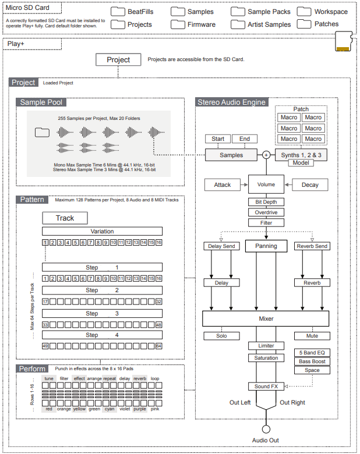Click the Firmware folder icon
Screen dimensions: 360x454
[178, 24]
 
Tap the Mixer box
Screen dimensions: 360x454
[266, 318]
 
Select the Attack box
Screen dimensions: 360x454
[223, 185]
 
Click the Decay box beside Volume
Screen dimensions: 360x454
[310, 185]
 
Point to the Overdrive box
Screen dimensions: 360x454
[266, 212]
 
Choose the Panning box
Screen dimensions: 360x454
[266, 246]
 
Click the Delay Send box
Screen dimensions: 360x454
[221, 246]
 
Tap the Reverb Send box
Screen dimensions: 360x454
[312, 246]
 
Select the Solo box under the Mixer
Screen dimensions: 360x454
[221, 336]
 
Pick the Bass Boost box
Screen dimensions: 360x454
[312, 361]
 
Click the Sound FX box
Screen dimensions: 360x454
[266, 386]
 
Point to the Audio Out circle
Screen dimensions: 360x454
[266, 429]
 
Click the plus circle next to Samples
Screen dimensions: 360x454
[266, 155]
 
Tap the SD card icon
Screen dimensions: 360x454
[344, 42]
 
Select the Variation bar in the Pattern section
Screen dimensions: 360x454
[102, 231]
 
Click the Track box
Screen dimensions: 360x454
[65, 218]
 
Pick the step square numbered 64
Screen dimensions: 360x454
[159, 346]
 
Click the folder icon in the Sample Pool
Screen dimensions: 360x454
[42, 132]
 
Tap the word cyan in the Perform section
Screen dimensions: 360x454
[110, 409]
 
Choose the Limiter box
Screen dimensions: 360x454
[266, 346]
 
